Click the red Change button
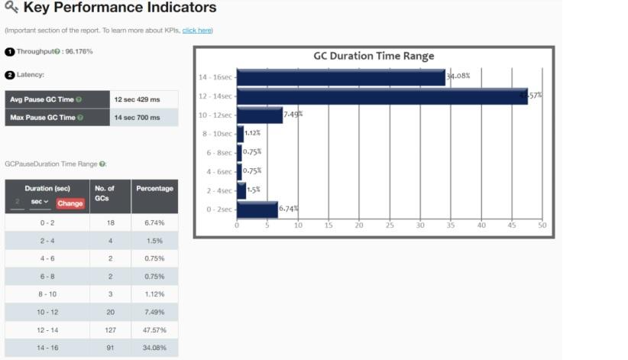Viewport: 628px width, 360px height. click(x=70, y=203)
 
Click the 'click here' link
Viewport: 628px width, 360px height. click(x=196, y=30)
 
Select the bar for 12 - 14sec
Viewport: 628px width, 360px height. click(x=382, y=96)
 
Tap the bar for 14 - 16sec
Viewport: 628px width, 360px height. click(x=341, y=77)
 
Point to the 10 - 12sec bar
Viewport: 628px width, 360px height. click(x=260, y=115)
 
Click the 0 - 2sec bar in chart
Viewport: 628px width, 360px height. click(x=257, y=209)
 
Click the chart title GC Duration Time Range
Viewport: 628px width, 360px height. click(x=374, y=56)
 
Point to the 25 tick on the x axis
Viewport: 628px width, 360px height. click(x=390, y=225)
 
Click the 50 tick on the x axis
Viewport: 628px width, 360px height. click(x=542, y=225)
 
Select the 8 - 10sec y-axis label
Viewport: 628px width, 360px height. click(x=217, y=135)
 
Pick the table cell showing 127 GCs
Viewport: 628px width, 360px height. click(x=110, y=330)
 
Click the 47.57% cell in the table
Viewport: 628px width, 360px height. click(x=154, y=330)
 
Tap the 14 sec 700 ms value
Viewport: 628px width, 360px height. click(x=137, y=118)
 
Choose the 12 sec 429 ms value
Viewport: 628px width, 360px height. click(x=137, y=99)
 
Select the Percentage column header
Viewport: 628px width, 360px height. click(x=154, y=188)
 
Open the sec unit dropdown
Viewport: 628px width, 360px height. click(x=40, y=203)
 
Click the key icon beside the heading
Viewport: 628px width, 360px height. click(x=11, y=8)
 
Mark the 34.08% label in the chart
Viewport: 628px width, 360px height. click(x=458, y=76)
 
